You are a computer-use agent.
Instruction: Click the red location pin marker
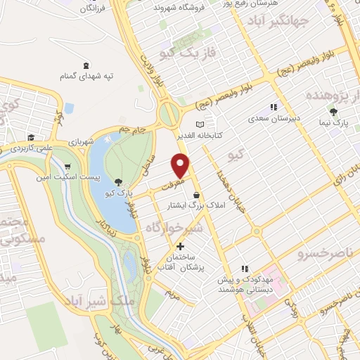coord(181,166)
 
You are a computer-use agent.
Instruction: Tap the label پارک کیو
coord(115,193)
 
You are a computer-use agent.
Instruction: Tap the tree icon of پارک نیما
coord(333,112)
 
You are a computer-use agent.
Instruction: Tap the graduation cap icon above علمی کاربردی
coord(31,138)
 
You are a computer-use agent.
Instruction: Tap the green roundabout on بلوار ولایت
coord(169,113)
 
